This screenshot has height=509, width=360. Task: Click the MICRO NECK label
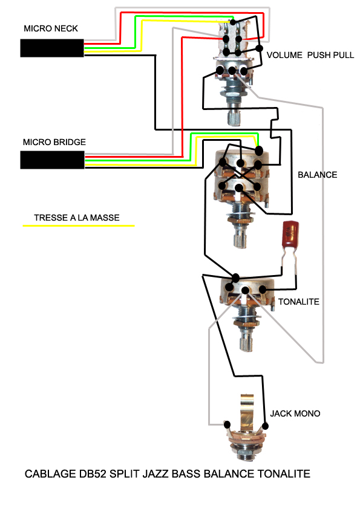(x=51, y=28)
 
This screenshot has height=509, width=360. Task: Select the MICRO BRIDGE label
(x=54, y=142)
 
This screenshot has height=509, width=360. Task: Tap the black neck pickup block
(x=52, y=48)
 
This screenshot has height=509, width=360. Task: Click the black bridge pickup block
(x=52, y=160)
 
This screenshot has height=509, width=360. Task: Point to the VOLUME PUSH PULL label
(x=310, y=55)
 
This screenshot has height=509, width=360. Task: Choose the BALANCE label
(x=318, y=175)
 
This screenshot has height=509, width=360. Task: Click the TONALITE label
(x=299, y=302)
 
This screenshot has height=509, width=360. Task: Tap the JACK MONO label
(x=295, y=413)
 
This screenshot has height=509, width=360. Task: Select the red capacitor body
(x=290, y=234)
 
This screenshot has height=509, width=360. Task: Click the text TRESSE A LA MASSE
(x=77, y=218)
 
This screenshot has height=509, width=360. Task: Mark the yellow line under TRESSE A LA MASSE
(x=79, y=225)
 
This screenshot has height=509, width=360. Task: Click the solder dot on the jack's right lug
(x=265, y=426)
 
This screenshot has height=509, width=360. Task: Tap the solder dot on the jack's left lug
(x=227, y=424)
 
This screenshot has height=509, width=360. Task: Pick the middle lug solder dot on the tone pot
(x=246, y=291)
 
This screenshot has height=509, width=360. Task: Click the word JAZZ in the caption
(x=156, y=474)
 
